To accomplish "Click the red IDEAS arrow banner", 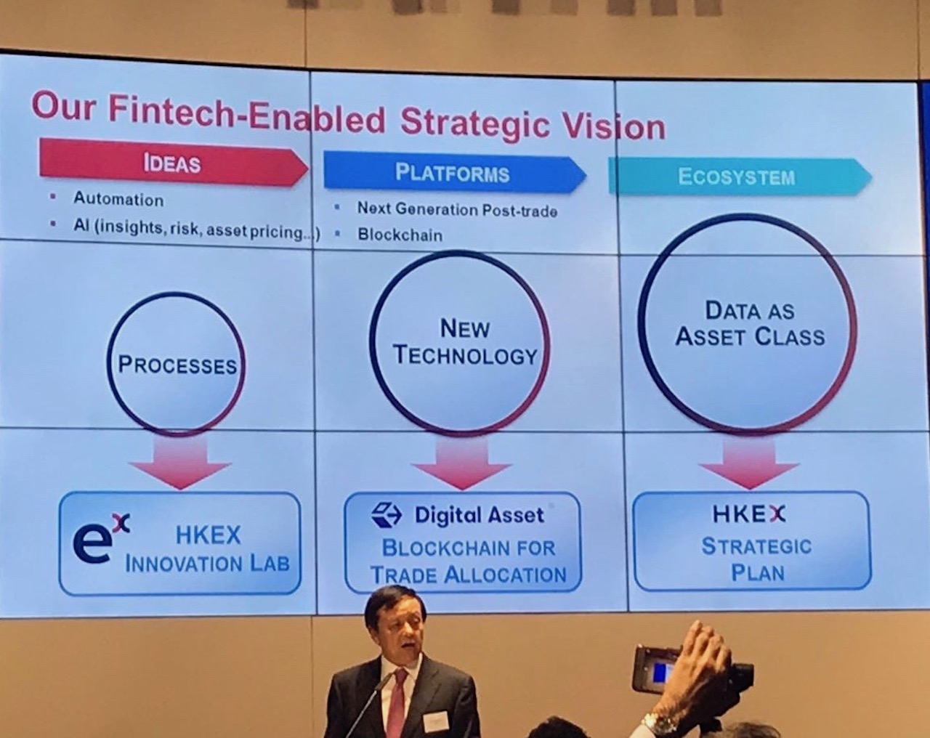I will [172, 163].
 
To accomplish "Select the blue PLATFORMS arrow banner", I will [452, 173].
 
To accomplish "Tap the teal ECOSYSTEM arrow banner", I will [735, 177].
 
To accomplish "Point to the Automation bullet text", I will [118, 199].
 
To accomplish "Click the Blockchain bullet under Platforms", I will [400, 235].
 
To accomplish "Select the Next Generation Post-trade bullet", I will [457, 210].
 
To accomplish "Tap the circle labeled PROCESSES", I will [177, 363].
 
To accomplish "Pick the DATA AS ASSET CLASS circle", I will [748, 324].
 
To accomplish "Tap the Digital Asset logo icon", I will [387, 515].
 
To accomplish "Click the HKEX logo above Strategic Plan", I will [749, 514].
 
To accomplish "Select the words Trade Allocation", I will [468, 575].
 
